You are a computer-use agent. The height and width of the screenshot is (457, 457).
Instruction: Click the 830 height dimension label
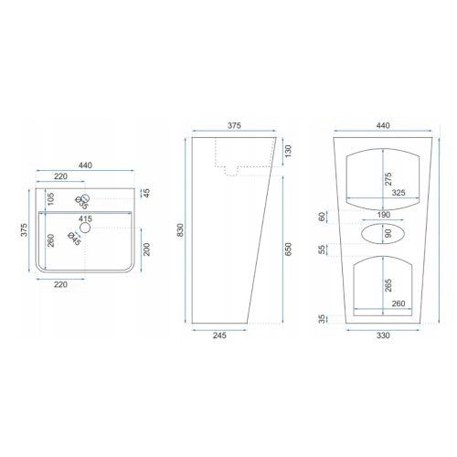click(x=181, y=230)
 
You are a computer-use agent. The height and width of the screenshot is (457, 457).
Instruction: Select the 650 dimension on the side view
click(x=288, y=249)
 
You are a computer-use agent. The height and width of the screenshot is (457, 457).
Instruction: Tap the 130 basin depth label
click(x=288, y=151)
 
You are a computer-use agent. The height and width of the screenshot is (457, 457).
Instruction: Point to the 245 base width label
click(x=219, y=335)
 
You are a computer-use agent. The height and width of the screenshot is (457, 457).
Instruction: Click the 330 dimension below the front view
click(x=383, y=335)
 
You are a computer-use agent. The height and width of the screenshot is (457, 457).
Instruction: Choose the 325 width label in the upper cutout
click(x=399, y=193)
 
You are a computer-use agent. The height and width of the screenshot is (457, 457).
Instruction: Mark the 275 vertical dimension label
click(x=388, y=179)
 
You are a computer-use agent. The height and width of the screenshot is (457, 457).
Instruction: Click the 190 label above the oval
click(x=384, y=215)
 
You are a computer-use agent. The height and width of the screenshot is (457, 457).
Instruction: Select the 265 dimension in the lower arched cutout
click(x=388, y=285)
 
